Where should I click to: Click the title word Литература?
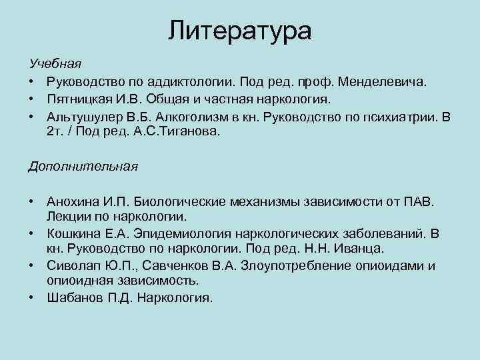tap(239, 31)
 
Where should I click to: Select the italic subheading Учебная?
tap(55, 64)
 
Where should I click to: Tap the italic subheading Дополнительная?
tap(83, 166)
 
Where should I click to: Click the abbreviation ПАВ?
tap(419, 201)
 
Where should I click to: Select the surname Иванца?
tap(361, 249)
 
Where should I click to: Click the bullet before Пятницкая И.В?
tap(31, 99)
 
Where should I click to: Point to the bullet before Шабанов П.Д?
tap(31, 298)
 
